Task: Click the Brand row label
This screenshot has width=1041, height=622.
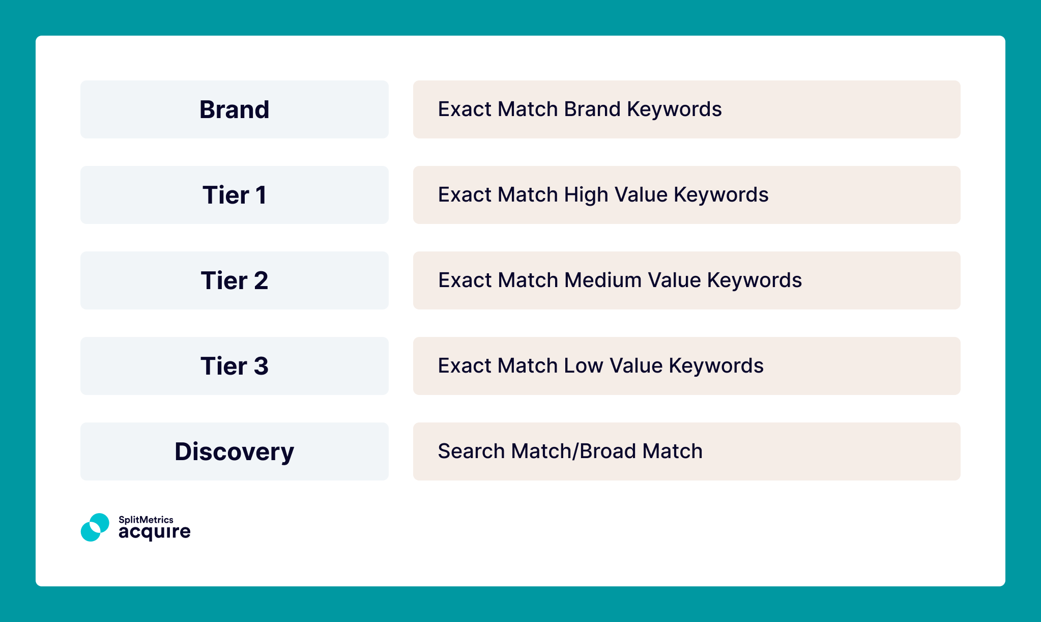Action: (234, 109)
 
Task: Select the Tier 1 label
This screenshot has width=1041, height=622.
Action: (234, 195)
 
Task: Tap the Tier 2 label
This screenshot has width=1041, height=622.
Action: (234, 280)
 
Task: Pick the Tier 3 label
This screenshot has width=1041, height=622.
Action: (234, 366)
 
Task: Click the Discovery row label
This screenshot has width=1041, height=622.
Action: (234, 451)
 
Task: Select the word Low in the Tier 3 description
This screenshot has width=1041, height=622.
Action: (584, 365)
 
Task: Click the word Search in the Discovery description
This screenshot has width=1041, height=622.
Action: (471, 451)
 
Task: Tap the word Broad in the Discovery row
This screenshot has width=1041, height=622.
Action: (608, 451)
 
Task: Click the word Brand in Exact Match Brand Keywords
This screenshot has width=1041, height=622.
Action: (592, 109)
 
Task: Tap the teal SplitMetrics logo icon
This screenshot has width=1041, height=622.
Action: (95, 527)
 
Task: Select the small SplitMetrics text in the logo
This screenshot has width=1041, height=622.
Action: (146, 519)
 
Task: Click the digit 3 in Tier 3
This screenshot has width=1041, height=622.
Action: (261, 366)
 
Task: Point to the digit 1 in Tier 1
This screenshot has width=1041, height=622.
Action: (261, 195)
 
